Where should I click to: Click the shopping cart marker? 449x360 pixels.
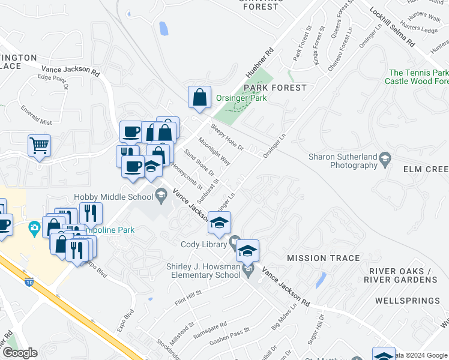coord(39,145)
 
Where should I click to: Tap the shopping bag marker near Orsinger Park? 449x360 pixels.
coord(199,97)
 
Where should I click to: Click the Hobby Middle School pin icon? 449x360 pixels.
coord(161,194)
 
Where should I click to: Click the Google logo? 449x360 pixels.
coord(20,352)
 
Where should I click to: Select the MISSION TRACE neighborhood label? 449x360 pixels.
coord(324,258)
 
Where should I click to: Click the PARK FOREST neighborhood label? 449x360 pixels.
coord(276,88)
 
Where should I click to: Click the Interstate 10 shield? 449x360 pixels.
coord(28,281)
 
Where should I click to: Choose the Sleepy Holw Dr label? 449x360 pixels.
coord(228,137)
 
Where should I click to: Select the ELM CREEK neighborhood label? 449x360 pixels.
coord(424,170)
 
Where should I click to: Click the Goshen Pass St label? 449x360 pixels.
coord(229,337)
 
